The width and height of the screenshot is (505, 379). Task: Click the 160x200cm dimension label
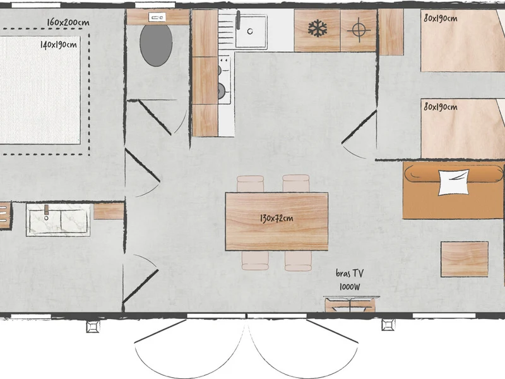click(68, 22)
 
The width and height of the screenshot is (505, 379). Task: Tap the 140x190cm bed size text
click(59, 44)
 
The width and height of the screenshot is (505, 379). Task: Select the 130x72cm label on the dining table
click(276, 219)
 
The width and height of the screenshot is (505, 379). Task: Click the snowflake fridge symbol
click(318, 28)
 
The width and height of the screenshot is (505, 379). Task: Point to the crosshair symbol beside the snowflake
click(359, 30)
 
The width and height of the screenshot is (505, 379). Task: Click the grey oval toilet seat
click(156, 45)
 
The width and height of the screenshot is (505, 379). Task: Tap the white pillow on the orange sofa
click(453, 182)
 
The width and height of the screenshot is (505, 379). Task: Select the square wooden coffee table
click(465, 259)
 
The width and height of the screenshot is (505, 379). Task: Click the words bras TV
click(350, 274)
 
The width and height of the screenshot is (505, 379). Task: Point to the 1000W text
click(350, 287)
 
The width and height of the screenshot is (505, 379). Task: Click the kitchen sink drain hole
click(250, 31)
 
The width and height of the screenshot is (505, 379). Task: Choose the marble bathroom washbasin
click(58, 220)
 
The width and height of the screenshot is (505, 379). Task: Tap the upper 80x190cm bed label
click(440, 18)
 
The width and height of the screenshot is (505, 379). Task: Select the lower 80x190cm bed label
click(440, 106)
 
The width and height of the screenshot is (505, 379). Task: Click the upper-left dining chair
click(250, 184)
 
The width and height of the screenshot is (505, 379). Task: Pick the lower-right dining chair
click(298, 261)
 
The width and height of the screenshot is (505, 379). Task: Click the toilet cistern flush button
click(157, 17)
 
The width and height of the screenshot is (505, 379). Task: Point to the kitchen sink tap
click(239, 20)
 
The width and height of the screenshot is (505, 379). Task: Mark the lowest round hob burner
click(221, 90)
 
